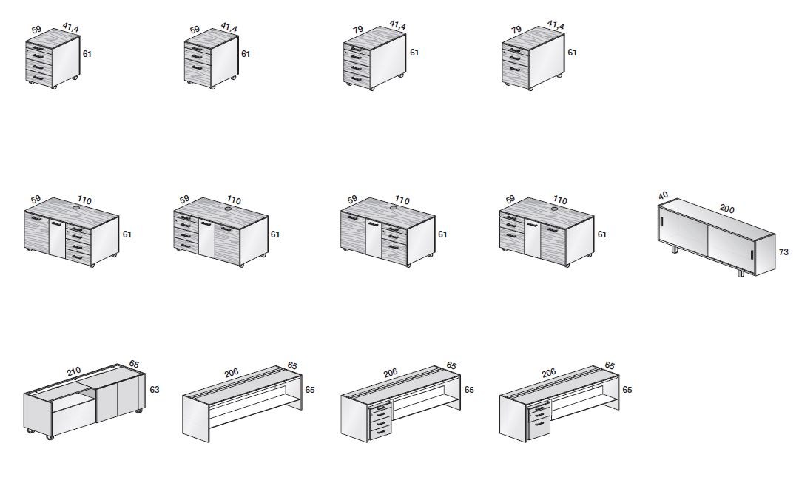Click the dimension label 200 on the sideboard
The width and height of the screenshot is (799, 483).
726,208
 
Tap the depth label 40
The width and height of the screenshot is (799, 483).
663,195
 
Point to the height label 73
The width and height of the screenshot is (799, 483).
783,251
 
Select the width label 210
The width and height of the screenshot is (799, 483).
74,371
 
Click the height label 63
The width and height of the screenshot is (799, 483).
155,389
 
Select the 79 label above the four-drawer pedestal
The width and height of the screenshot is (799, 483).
358,30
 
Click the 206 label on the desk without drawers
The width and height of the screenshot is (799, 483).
232,373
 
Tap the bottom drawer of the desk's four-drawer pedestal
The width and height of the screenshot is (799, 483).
381,433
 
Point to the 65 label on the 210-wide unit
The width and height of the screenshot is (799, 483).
134,364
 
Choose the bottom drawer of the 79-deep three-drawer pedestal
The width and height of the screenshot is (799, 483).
515,71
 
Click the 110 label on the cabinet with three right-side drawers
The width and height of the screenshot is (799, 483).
402,200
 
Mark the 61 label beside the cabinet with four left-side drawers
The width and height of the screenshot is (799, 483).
275,234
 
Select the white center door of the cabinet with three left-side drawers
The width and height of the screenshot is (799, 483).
532,238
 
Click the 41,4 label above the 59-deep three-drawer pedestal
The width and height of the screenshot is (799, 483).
229,27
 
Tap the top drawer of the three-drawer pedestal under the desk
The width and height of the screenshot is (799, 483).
539,408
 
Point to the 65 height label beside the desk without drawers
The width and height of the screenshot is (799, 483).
310,389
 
